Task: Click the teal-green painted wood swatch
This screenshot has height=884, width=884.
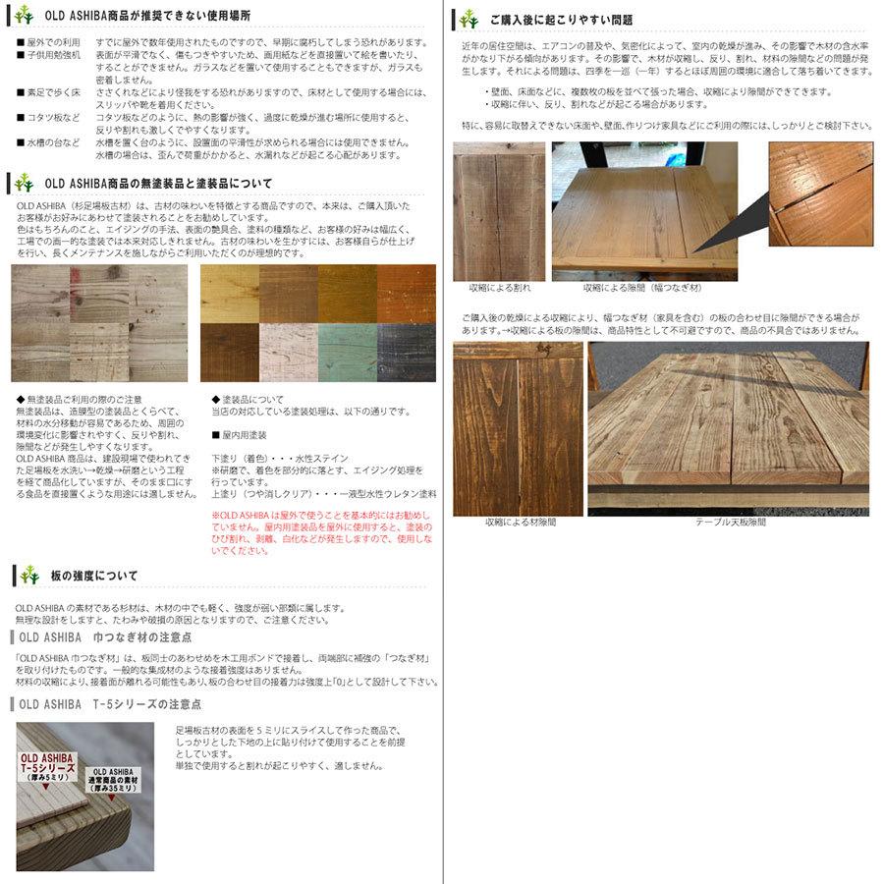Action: point(348,352)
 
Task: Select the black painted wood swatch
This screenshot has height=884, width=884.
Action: point(407,352)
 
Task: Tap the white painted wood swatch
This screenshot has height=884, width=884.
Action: point(289,352)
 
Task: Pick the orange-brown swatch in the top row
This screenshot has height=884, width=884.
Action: point(407,294)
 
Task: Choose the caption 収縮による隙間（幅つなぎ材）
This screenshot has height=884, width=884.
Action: point(643,290)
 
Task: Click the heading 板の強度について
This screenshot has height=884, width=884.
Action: point(94,576)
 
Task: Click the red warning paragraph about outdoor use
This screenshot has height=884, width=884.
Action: point(322,532)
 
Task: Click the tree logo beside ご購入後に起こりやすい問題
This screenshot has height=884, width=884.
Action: point(470,19)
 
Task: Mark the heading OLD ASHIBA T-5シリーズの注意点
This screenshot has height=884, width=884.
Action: point(109,704)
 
